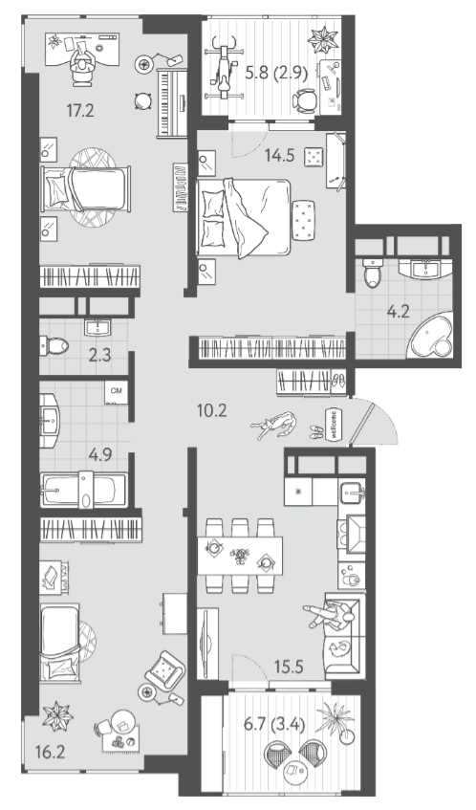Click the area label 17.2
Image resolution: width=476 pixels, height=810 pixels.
(80, 110)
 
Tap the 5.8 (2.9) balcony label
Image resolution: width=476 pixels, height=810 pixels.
(276, 73)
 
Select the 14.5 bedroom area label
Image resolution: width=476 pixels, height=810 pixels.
(279, 155)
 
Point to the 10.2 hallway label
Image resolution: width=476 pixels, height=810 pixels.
(212, 410)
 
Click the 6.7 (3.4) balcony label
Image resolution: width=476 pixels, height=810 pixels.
(274, 725)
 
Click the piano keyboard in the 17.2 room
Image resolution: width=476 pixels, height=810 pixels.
(172, 102)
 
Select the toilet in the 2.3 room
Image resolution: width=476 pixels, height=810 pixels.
(54, 345)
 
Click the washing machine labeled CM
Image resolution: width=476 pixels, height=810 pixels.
(117, 392)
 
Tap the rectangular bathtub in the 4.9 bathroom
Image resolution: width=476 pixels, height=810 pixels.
(84, 490)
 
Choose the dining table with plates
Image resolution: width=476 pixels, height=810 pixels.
(240, 556)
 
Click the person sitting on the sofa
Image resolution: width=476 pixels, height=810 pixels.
(330, 615)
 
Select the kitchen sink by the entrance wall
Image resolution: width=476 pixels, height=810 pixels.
(352, 493)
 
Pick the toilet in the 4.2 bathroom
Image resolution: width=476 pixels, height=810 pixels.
(372, 273)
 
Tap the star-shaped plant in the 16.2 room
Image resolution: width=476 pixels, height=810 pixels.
(57, 716)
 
